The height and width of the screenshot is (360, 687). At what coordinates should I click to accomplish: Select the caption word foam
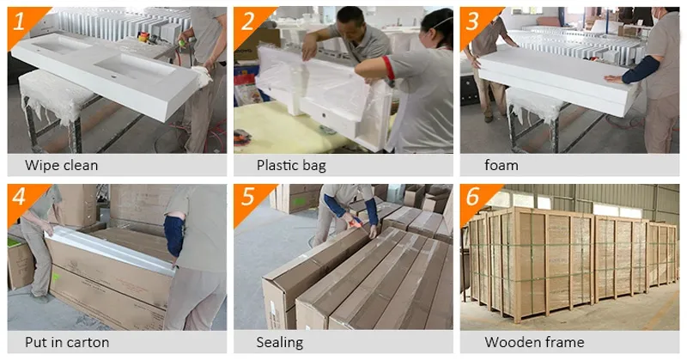pos(502,165)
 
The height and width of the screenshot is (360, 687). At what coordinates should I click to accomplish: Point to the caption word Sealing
pos(280,343)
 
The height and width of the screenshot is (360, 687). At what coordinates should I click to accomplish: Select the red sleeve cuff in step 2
pos(388,68)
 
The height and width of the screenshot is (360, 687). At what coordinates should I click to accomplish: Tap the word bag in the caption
pos(314,166)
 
